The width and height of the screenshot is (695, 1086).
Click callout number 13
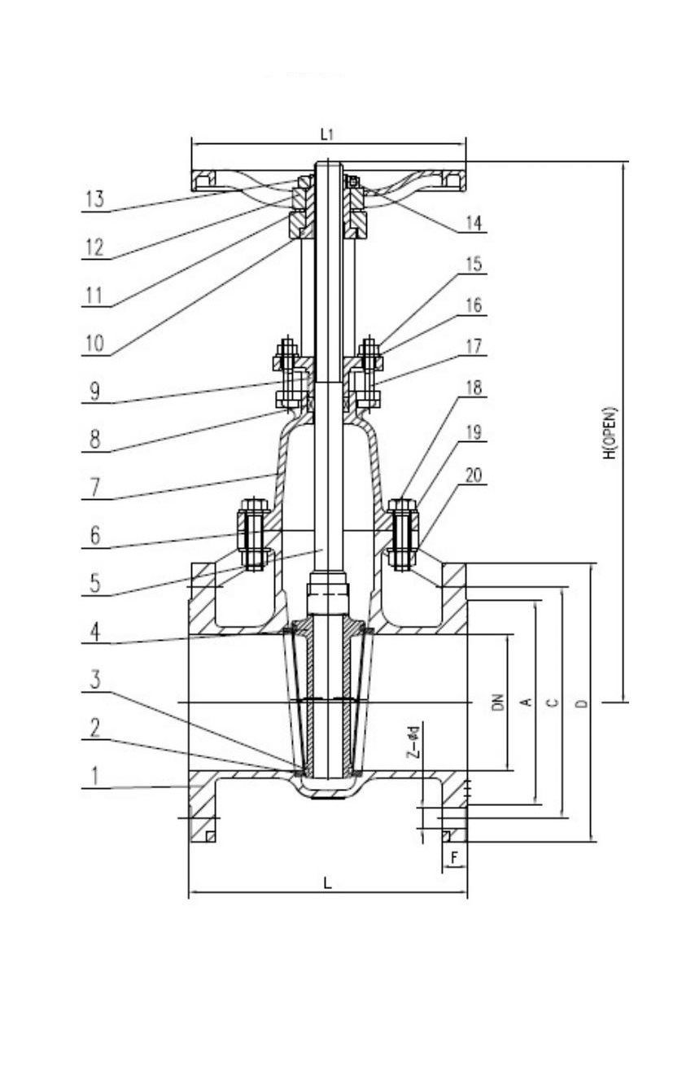click(x=94, y=199)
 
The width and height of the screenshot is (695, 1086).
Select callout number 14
click(x=474, y=223)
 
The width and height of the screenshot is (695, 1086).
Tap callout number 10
click(x=94, y=344)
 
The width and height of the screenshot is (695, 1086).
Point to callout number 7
click(x=95, y=488)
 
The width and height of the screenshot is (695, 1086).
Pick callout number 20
click(x=474, y=475)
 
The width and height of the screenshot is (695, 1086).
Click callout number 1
click(x=95, y=776)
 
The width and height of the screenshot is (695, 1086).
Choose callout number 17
click(x=474, y=346)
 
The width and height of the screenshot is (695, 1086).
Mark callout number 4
click(x=95, y=633)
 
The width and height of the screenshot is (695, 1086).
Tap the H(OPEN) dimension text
click(x=610, y=432)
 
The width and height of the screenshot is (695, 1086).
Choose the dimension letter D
click(x=584, y=703)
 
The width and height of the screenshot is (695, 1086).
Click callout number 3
click(x=95, y=679)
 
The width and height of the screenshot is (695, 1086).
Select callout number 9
click(x=95, y=392)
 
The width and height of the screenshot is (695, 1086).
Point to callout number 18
click(x=474, y=388)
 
